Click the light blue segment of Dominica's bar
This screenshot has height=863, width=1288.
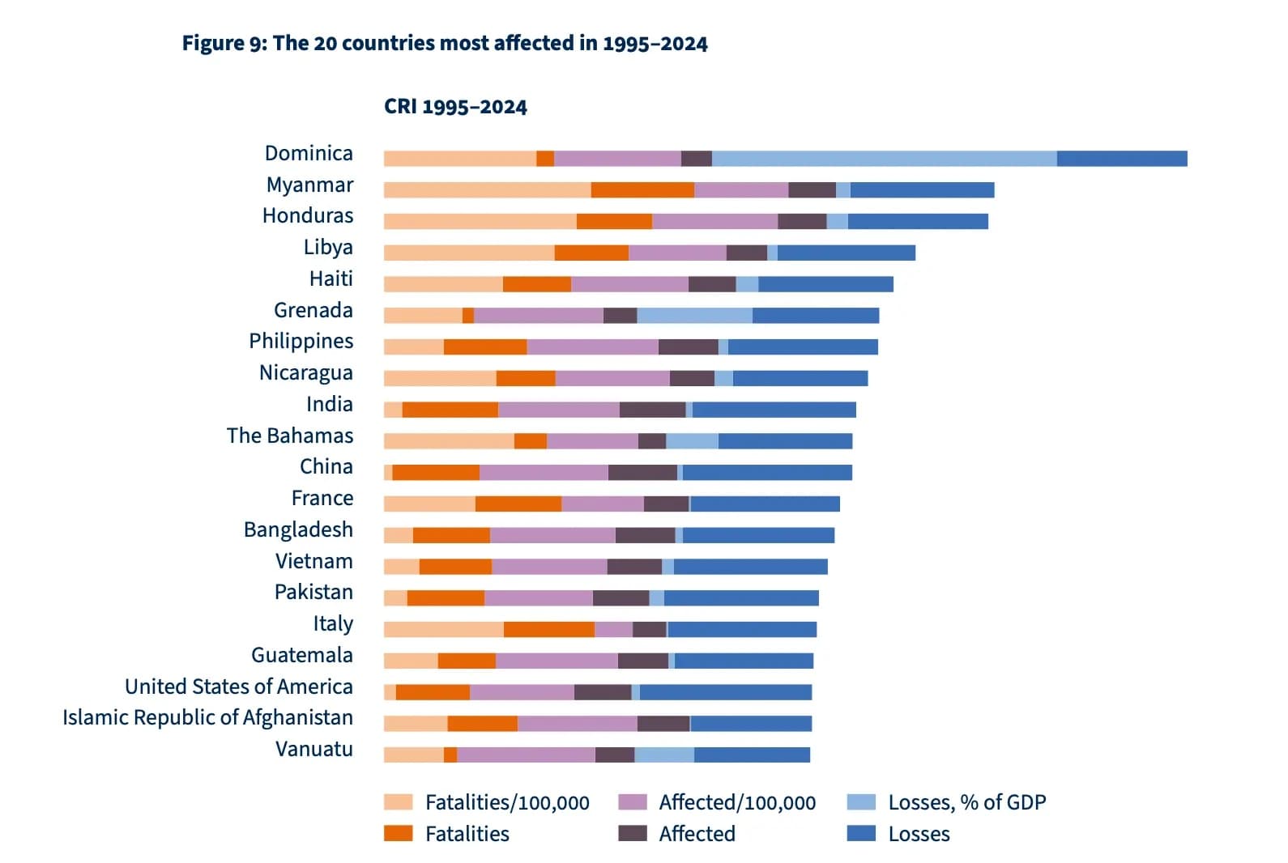pyautogui.click(x=884, y=159)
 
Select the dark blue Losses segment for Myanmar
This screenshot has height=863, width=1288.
pyautogui.click(x=922, y=190)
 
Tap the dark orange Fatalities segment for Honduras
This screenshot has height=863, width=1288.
pyautogui.click(x=614, y=221)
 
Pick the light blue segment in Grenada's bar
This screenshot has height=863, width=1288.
pyautogui.click(x=694, y=316)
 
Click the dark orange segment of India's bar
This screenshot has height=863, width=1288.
pyautogui.click(x=450, y=410)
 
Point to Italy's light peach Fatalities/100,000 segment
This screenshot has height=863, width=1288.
pyautogui.click(x=443, y=629)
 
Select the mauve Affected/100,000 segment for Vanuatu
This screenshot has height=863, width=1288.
pyautogui.click(x=526, y=755)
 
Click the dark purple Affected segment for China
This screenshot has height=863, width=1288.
pyautogui.click(x=642, y=472)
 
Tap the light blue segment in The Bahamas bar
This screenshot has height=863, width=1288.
pyautogui.click(x=692, y=441)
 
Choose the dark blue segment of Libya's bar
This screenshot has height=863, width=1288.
pyautogui.click(x=846, y=253)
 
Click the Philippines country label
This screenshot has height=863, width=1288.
pyautogui.click(x=301, y=341)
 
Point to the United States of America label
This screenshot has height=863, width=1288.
pyautogui.click(x=238, y=687)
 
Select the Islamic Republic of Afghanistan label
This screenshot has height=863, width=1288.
pyautogui.click(x=207, y=717)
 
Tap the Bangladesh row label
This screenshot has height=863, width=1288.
pyautogui.click(x=298, y=529)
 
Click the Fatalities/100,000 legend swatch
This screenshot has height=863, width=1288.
pyautogui.click(x=398, y=802)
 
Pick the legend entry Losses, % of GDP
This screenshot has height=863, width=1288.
pyautogui.click(x=966, y=802)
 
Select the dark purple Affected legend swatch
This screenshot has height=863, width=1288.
pyautogui.click(x=632, y=834)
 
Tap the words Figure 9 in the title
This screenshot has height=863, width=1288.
pyautogui.click(x=223, y=43)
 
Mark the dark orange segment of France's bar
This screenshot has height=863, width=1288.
pyautogui.click(x=518, y=504)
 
